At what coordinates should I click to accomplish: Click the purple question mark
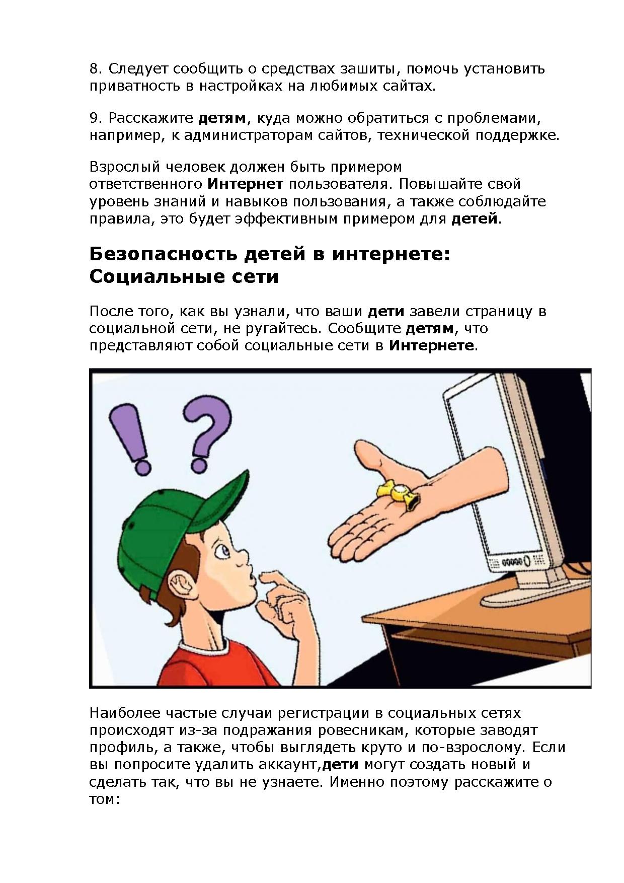pyautogui.click(x=205, y=431)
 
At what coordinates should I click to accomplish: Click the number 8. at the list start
pyautogui.click(x=96, y=68)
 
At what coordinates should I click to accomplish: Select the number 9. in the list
pyautogui.click(x=96, y=118)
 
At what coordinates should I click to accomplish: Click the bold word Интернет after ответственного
pyautogui.click(x=246, y=184)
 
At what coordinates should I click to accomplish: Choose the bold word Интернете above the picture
pyautogui.click(x=431, y=346)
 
